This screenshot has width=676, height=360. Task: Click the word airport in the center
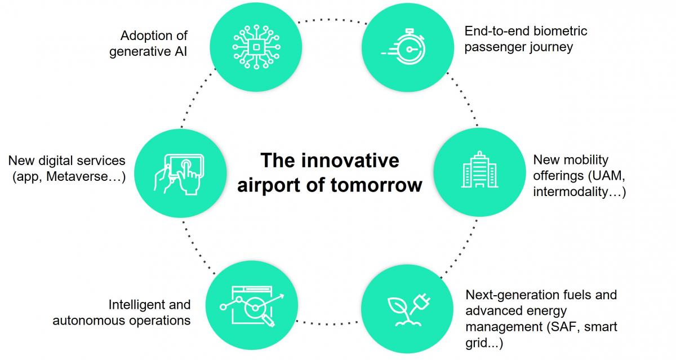click(268, 185)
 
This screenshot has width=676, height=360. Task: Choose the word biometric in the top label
click(561, 30)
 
